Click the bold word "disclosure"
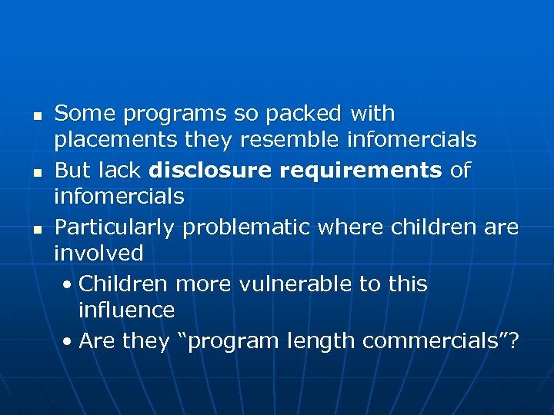coord(212,169)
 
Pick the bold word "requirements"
coord(361,170)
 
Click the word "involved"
coord(98,253)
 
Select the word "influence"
coord(126,310)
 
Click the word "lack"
coord(122,169)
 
